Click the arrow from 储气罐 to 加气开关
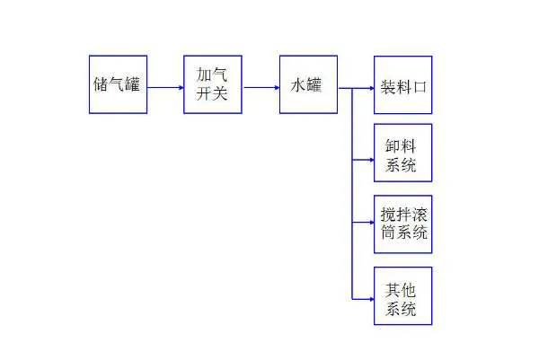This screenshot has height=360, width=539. tap(165, 88)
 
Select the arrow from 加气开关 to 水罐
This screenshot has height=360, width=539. tap(261, 88)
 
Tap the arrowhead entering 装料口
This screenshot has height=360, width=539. tap(372, 88)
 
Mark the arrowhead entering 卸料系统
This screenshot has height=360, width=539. tap(372, 160)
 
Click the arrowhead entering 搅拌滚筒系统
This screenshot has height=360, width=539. tap(372, 223)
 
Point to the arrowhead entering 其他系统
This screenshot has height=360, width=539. tap(372, 299)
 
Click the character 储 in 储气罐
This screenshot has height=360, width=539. tap(101, 84)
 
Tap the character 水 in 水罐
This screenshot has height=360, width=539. tap(297, 85)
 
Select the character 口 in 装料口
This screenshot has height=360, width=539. tap(420, 87)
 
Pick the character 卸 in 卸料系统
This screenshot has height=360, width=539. tap(393, 146)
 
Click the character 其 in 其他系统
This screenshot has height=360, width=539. tap(393, 290)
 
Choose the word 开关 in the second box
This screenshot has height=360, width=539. tap(212, 93)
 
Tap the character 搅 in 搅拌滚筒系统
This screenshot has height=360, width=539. tap(388, 215)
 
